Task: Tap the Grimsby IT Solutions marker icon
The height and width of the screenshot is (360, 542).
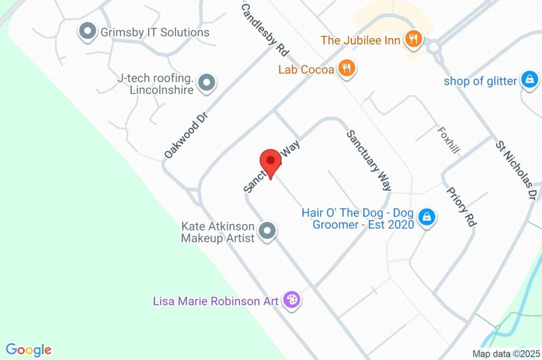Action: pyautogui.click(x=86, y=31)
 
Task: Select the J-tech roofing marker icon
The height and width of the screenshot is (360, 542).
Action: pyautogui.click(x=207, y=83)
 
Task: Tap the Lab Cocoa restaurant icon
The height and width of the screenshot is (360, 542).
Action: pyautogui.click(x=346, y=68)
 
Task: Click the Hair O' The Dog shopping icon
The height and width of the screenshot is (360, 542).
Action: pyautogui.click(x=426, y=217)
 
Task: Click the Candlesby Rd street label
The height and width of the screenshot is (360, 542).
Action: pyautogui.click(x=265, y=30)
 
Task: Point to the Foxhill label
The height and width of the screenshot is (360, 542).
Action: pyautogui.click(x=448, y=140)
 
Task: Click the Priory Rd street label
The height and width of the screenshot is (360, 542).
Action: pyautogui.click(x=460, y=207)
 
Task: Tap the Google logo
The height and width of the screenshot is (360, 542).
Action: pyautogui.click(x=29, y=349)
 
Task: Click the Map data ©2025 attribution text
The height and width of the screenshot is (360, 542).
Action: pyautogui.click(x=506, y=353)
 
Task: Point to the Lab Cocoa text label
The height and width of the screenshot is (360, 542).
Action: pyautogui.click(x=306, y=69)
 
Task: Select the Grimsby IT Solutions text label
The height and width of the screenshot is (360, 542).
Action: pyautogui.click(x=155, y=32)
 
